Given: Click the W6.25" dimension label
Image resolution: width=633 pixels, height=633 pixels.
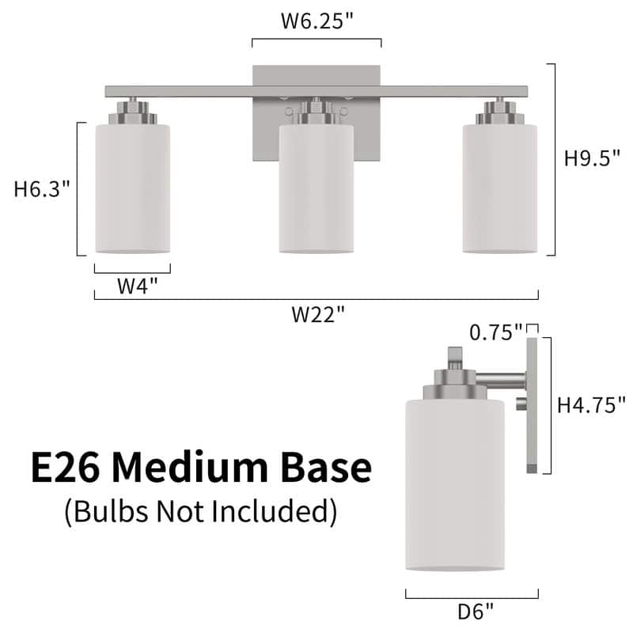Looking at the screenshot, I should point(316,21).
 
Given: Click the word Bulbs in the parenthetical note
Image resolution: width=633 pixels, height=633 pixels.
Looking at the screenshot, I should point(106,511).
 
